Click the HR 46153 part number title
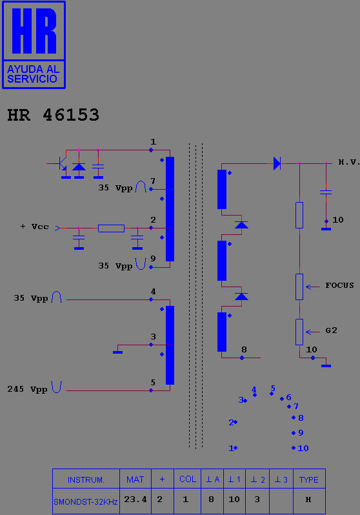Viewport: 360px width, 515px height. coord(53,115)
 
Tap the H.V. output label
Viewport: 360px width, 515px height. coord(349,162)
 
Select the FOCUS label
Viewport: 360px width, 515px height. coord(339,285)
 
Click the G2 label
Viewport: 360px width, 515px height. coord(331,330)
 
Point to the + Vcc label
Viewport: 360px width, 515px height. coord(34,227)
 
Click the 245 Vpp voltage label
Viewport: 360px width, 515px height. coord(27,389)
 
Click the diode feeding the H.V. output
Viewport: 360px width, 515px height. coord(277,163)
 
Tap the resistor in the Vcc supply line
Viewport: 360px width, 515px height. coord(112,228)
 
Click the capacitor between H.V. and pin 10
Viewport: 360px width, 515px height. coord(326,192)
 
